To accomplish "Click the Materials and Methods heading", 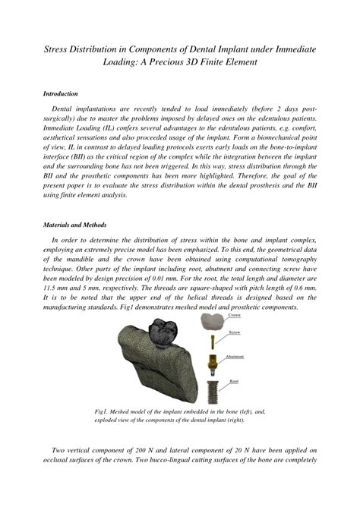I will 74,225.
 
